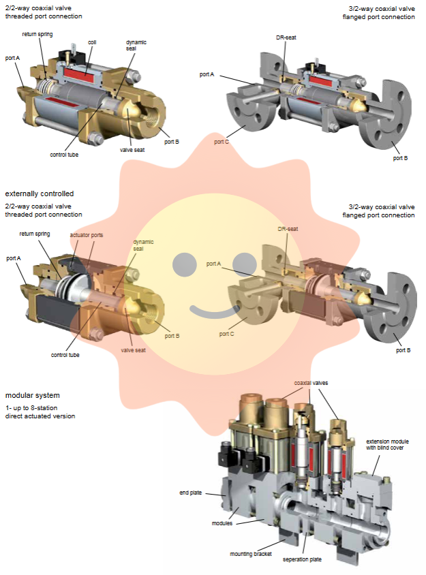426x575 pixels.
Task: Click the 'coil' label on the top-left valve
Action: pos(92,42)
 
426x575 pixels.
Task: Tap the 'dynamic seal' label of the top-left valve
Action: pos(136,45)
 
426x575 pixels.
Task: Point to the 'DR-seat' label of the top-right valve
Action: pos(287,38)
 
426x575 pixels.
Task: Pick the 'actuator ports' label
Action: pos(87,235)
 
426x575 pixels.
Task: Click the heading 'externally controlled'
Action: pos(40,194)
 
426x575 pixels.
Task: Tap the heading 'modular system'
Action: pos(32,395)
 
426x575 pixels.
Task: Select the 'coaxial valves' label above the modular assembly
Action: pos(311,384)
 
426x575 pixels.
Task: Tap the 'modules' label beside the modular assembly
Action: pos(222,523)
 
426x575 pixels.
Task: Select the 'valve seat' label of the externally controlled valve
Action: pos(133,350)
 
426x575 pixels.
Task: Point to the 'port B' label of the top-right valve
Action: pos(401,158)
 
